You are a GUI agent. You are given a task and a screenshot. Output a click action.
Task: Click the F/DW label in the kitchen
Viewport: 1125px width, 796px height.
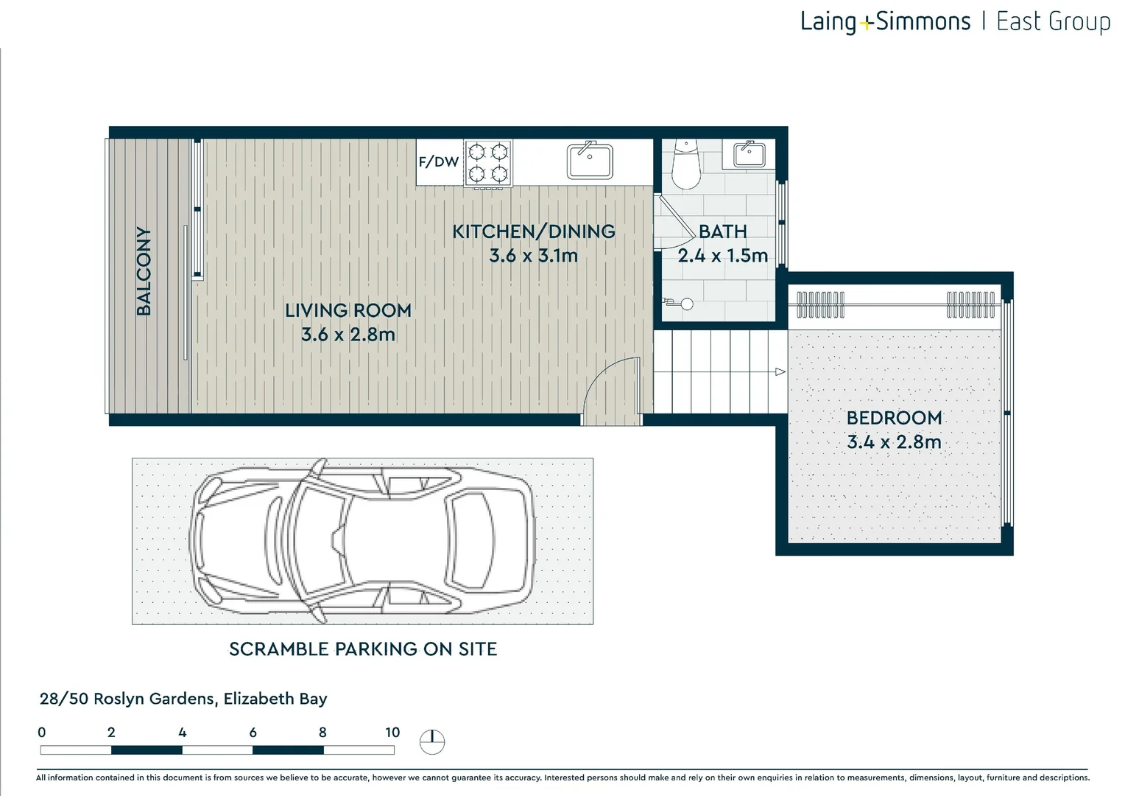click(439, 162)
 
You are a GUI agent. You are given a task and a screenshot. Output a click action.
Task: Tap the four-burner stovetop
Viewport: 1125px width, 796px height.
click(488, 164)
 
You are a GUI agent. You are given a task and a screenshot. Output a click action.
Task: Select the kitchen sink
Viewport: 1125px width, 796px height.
click(590, 161)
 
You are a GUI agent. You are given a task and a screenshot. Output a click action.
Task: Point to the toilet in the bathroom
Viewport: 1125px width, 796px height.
click(686, 164)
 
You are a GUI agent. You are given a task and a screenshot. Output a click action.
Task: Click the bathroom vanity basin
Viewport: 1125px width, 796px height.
click(750, 154)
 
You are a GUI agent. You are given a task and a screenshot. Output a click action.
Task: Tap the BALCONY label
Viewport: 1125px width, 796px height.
click(144, 271)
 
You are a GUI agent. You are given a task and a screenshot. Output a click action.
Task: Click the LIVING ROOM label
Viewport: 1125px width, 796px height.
click(348, 311)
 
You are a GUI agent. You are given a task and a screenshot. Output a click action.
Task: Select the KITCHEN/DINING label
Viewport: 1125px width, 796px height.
click(533, 231)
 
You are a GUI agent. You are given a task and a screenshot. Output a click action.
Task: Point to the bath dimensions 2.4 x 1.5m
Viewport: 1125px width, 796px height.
click(723, 256)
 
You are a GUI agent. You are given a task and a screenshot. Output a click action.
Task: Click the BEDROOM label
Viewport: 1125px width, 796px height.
click(894, 418)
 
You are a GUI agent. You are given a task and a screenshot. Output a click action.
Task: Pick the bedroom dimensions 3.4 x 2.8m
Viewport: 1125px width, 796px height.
click(894, 442)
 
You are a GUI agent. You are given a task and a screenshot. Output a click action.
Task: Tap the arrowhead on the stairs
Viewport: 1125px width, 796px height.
click(780, 371)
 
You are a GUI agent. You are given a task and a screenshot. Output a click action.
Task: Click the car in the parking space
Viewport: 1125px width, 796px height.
click(362, 541)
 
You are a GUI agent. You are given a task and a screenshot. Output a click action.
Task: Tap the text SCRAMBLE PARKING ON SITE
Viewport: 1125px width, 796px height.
click(363, 649)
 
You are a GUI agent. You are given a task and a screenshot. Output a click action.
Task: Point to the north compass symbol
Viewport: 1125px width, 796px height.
click(432, 741)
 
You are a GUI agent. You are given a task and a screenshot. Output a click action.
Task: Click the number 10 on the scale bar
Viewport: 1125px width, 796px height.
click(392, 732)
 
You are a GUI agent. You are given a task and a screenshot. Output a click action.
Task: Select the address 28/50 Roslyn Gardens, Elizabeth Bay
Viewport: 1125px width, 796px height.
click(183, 699)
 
